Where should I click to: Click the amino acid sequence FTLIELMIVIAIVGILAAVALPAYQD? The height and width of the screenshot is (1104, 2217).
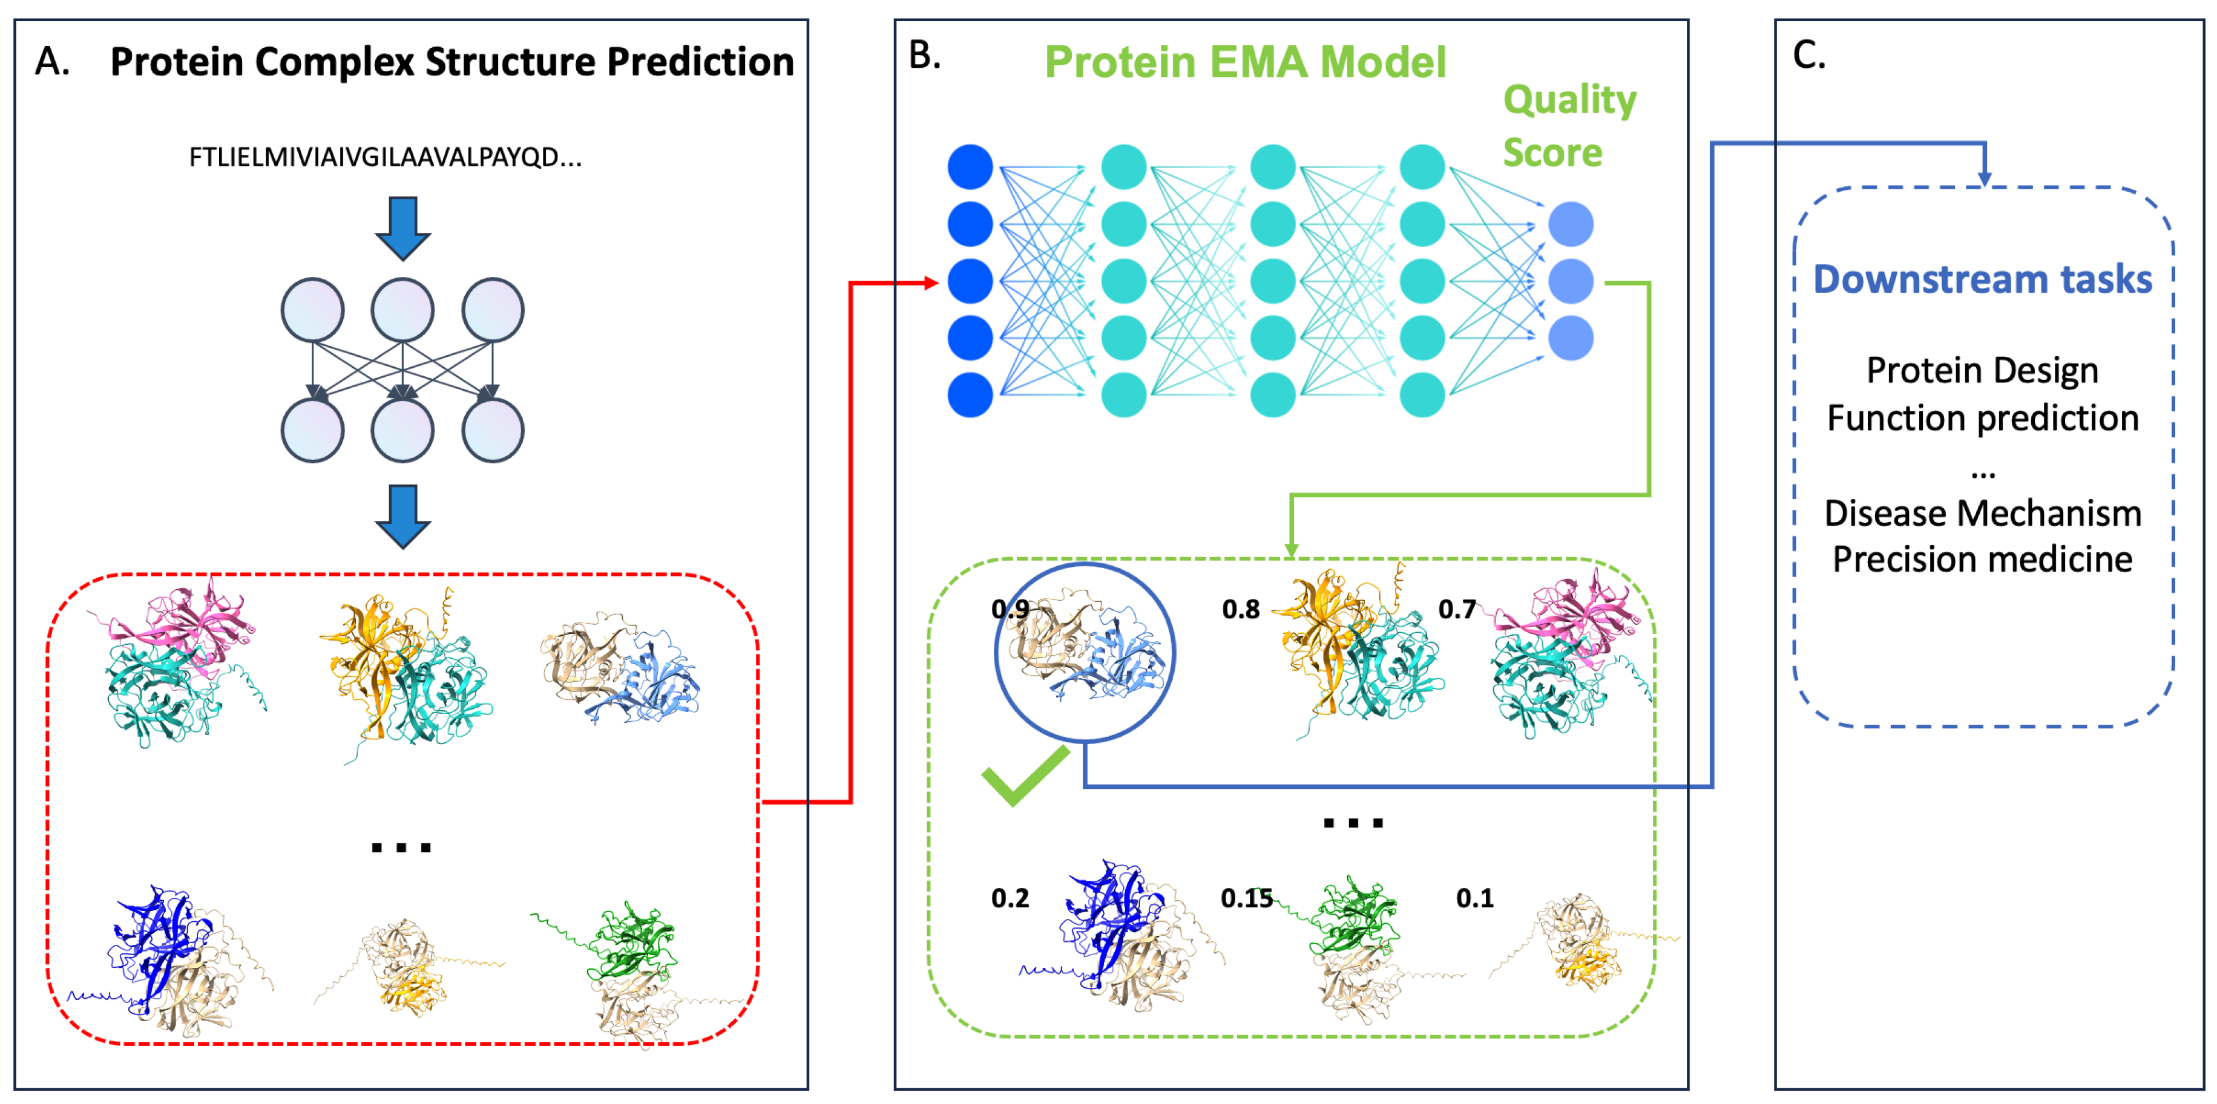coord(385,157)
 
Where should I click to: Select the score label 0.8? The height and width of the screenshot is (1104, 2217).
coord(1240,609)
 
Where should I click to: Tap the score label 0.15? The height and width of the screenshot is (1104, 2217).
coord(1246,898)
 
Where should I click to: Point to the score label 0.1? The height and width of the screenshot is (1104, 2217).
coord(1474,898)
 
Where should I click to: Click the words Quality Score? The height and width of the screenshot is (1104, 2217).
coord(1568,126)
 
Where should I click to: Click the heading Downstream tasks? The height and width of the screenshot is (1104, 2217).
coord(1982,279)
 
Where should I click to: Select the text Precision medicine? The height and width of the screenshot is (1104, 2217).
coord(1982,560)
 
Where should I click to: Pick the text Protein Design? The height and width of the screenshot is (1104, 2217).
coord(1982,370)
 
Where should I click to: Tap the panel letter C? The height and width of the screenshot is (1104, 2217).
coord(1808,56)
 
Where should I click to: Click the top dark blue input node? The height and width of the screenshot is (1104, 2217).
coord(970,167)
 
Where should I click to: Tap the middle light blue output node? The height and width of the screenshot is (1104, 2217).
coord(1571,281)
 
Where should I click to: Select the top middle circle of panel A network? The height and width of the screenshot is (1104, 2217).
coord(402,310)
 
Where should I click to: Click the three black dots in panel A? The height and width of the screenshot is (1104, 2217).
coord(401,848)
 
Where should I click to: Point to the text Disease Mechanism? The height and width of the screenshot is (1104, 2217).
coord(1982,513)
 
